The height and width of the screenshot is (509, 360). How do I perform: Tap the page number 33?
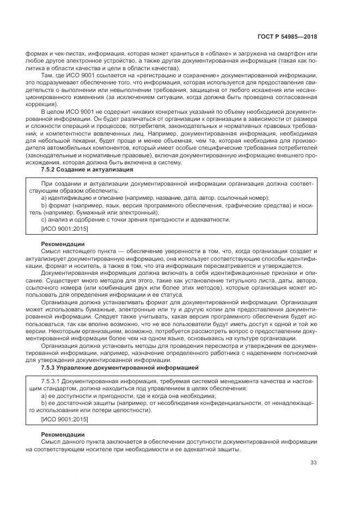[x=313, y=463]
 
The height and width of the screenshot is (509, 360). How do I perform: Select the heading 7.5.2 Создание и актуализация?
[x=87, y=169]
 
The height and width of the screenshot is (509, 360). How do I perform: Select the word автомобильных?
[x=75, y=148]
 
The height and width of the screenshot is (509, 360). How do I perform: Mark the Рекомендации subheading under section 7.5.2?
[x=63, y=243]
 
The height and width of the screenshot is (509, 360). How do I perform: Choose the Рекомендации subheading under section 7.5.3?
[x=63, y=435]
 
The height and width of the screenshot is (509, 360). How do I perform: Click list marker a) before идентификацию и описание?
[x=45, y=198]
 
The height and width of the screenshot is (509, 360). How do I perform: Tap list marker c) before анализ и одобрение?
[x=45, y=219]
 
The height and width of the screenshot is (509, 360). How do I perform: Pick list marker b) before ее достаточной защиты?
[x=45, y=404]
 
